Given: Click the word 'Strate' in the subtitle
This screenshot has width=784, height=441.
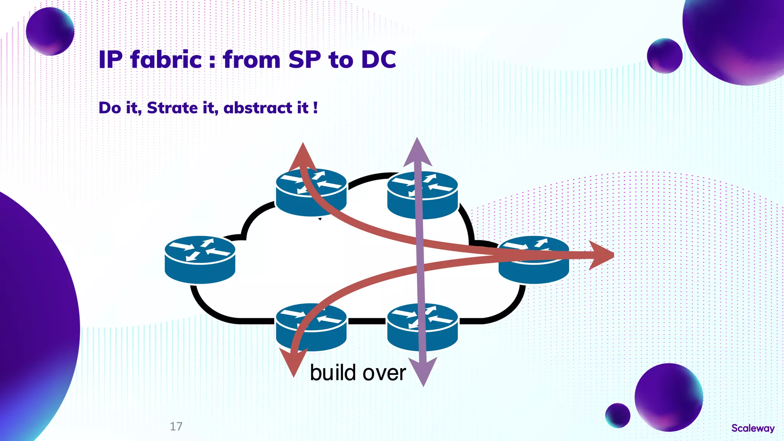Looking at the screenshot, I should click(172, 108).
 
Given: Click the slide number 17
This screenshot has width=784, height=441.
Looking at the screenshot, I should click(176, 426).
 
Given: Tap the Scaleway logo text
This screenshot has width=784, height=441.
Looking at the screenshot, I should click(753, 428).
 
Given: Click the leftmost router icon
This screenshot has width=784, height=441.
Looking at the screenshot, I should click(200, 260).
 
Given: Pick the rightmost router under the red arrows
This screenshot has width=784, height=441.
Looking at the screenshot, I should click(534, 260).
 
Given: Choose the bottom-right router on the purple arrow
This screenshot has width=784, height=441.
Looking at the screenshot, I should click(423, 327).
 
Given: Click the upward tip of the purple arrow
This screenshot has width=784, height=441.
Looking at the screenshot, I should click(417, 147).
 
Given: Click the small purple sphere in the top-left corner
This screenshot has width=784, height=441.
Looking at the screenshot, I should click(50, 31).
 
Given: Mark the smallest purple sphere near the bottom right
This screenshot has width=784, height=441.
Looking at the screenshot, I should click(617, 415).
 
